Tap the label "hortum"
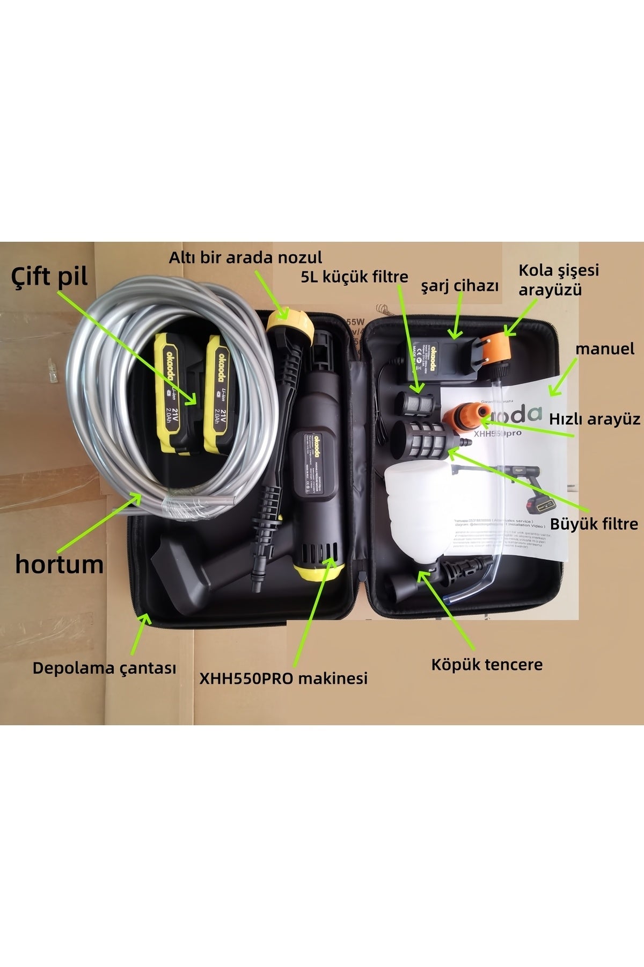coord(59,564)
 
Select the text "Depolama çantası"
coord(104,669)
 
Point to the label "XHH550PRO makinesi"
coord(283,678)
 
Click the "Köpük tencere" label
coord(487,665)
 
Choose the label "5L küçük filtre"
coord(354,277)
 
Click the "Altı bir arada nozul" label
coord(245,257)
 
